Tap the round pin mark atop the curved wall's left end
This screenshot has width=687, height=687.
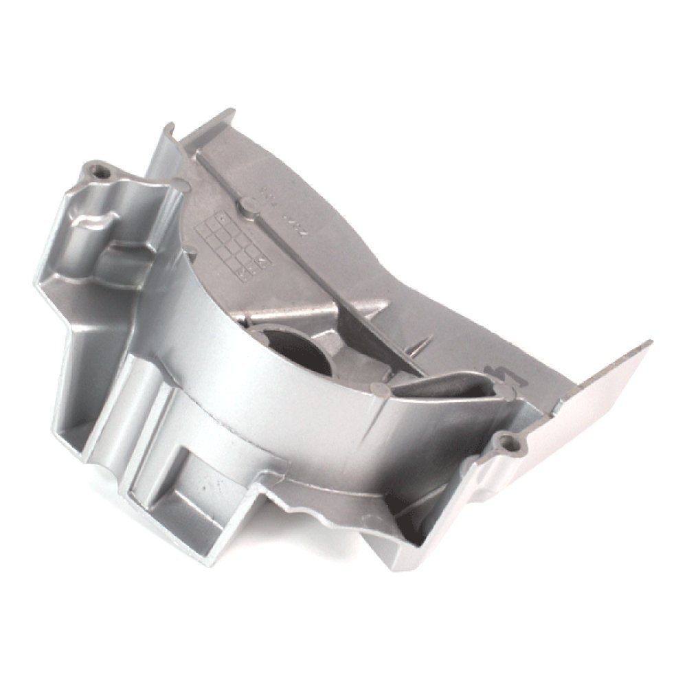pos(180,184)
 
